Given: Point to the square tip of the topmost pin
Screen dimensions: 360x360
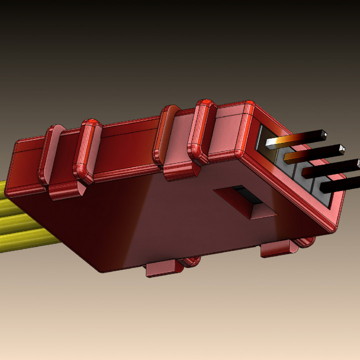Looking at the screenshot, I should [324, 134].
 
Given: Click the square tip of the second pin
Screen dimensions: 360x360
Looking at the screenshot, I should [341, 148].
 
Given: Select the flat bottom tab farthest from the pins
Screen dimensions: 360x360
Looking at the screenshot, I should [162, 268].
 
